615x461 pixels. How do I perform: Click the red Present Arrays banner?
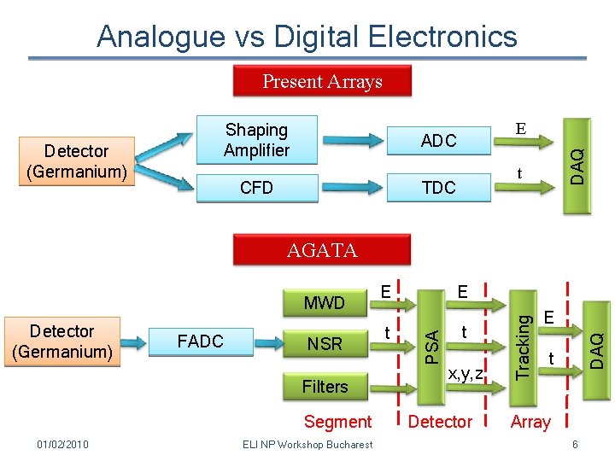point(322,82)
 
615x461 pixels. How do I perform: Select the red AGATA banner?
point(322,250)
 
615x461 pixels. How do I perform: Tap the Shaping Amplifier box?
point(256,140)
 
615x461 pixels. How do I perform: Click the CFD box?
point(256,188)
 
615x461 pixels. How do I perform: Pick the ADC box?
point(438,141)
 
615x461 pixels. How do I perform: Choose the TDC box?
point(438,188)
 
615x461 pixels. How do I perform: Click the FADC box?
point(200,341)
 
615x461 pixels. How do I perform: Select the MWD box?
point(324,303)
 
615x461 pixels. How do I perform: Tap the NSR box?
point(324,344)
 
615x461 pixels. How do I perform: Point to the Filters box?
point(325,387)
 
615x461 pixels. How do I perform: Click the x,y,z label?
point(466,372)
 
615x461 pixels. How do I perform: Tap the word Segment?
point(337,422)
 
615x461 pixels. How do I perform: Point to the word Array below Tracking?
point(530,422)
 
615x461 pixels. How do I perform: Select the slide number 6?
point(575,445)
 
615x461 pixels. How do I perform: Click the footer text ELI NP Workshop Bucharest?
point(307,445)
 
